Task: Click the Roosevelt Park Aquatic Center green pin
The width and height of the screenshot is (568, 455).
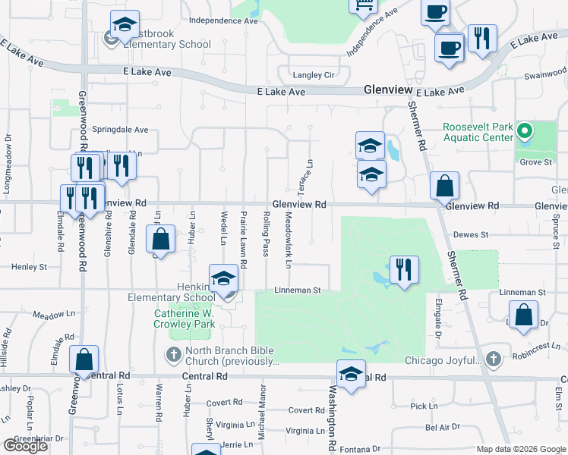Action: tap(523, 133)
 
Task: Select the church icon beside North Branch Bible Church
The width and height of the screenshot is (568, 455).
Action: tap(173, 354)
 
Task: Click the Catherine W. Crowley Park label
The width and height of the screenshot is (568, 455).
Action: tap(185, 318)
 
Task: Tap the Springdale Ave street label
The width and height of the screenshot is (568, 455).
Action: tap(120, 130)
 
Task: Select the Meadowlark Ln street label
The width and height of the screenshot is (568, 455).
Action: tap(289, 239)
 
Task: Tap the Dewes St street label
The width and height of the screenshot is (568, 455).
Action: tap(472, 235)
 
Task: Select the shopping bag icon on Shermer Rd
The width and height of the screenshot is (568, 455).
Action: tap(444, 186)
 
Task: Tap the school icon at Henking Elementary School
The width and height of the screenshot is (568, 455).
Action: tap(223, 279)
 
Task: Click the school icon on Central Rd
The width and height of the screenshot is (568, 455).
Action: tap(351, 374)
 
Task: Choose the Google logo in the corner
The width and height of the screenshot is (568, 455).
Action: tap(25, 446)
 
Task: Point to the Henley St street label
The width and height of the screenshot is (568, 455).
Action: tap(29, 267)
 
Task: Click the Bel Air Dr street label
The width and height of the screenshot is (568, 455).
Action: tap(443, 428)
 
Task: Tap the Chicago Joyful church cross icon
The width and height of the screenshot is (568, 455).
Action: tap(494, 359)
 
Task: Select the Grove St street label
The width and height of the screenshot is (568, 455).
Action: tap(535, 162)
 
